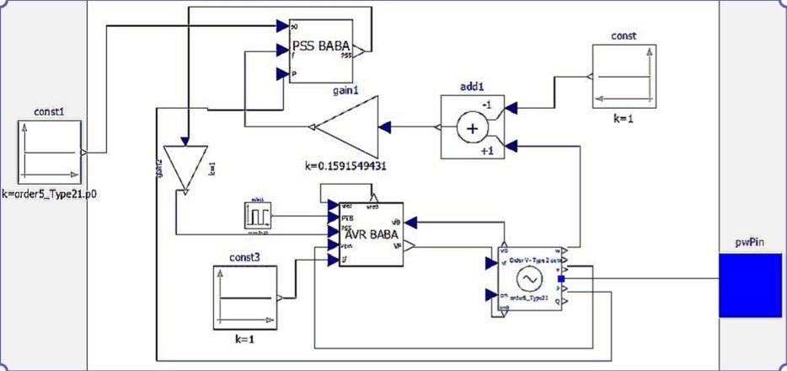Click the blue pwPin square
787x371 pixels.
(x=751, y=286)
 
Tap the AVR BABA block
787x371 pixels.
(x=368, y=234)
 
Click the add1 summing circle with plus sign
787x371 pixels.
(x=472, y=128)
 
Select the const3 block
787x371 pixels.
(x=244, y=297)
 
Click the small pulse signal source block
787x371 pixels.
(x=257, y=215)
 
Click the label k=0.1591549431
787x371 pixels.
(x=345, y=166)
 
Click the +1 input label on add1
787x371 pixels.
(x=486, y=150)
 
